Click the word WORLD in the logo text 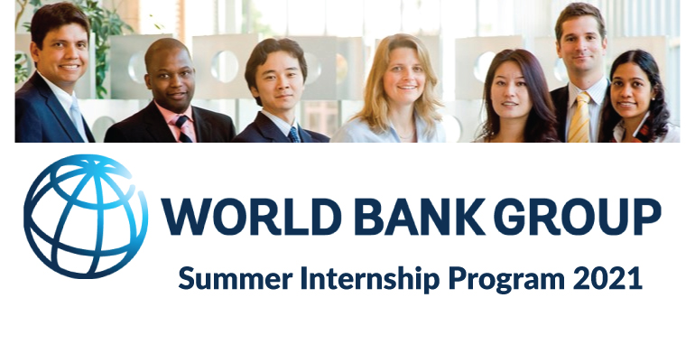coord(249,217)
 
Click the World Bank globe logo coord(86,216)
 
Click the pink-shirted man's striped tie coord(183,127)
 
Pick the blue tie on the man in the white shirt coord(294,134)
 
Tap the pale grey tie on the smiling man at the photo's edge coord(77,116)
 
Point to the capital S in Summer coord(185,277)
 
